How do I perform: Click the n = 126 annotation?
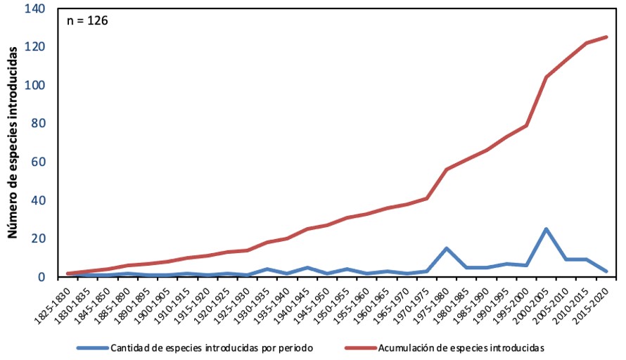point(87,20)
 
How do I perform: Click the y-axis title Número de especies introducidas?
point(12,144)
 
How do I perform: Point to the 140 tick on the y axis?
point(34,9)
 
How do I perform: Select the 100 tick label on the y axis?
point(34,85)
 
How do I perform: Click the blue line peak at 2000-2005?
point(547,229)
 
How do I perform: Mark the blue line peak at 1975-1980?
point(447,248)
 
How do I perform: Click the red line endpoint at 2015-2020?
point(606,37)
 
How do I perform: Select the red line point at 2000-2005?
point(547,77)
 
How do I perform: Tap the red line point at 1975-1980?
point(447,169)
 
